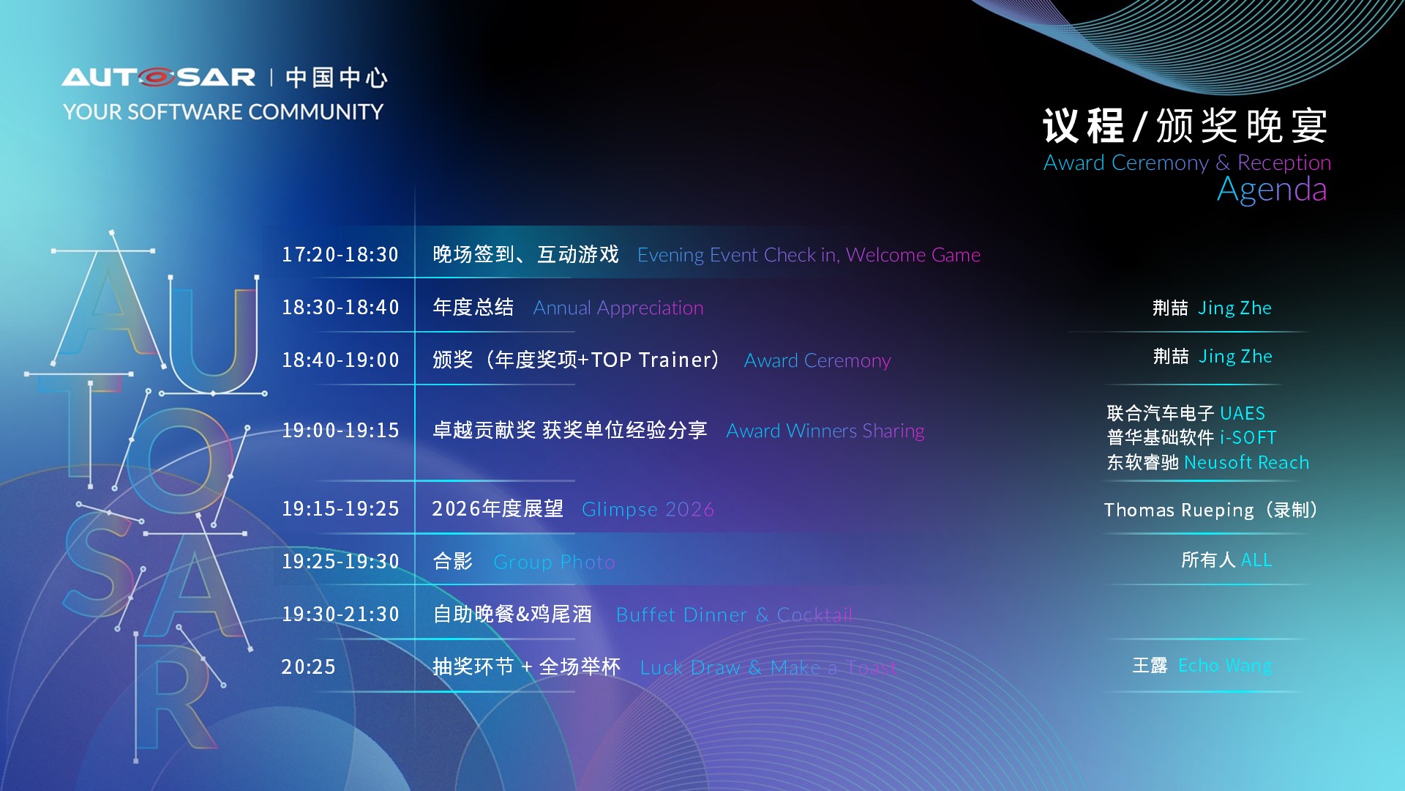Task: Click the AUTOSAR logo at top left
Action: (159, 77)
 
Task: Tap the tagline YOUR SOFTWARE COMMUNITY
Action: (223, 112)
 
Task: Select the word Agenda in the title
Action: (1272, 190)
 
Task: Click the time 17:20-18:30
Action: (340, 255)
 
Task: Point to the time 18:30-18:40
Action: (340, 308)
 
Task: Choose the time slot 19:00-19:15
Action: (340, 431)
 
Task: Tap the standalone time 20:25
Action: (308, 667)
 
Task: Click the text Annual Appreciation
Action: (618, 308)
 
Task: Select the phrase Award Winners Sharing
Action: (825, 431)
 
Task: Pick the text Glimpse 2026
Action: (648, 510)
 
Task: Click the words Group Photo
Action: (554, 562)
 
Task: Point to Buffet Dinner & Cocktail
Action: (734, 615)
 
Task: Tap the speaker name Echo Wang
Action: (1225, 666)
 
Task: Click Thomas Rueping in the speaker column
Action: (1179, 510)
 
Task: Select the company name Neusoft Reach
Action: (1246, 463)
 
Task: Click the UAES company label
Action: (1243, 414)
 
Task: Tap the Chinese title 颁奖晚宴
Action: (1242, 126)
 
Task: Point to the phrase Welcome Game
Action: (913, 255)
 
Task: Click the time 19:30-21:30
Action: (340, 614)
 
